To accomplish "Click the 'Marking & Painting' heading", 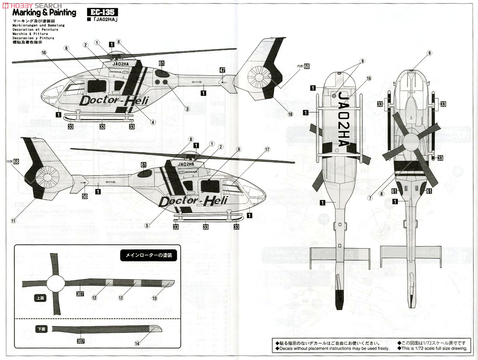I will [x=44, y=13].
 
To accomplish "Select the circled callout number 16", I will [x=44, y=53].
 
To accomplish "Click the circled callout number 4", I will [x=153, y=122].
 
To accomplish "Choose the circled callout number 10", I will [x=290, y=114].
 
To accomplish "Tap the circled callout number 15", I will [x=368, y=78].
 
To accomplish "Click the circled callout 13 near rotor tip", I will [x=155, y=297].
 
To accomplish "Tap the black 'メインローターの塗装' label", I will [x=148, y=256].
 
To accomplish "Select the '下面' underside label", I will [x=41, y=329].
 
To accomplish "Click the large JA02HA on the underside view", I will [x=343, y=119].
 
